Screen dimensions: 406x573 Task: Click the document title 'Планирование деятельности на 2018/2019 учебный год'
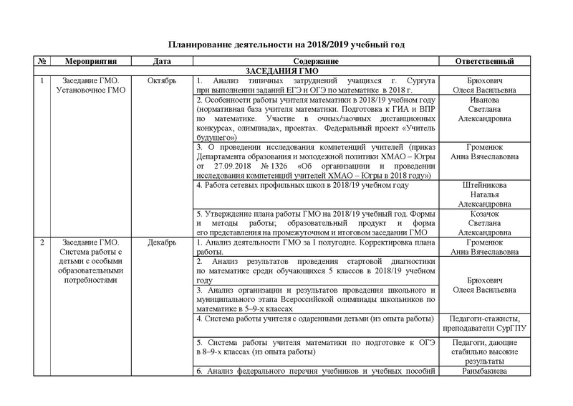click(286, 44)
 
